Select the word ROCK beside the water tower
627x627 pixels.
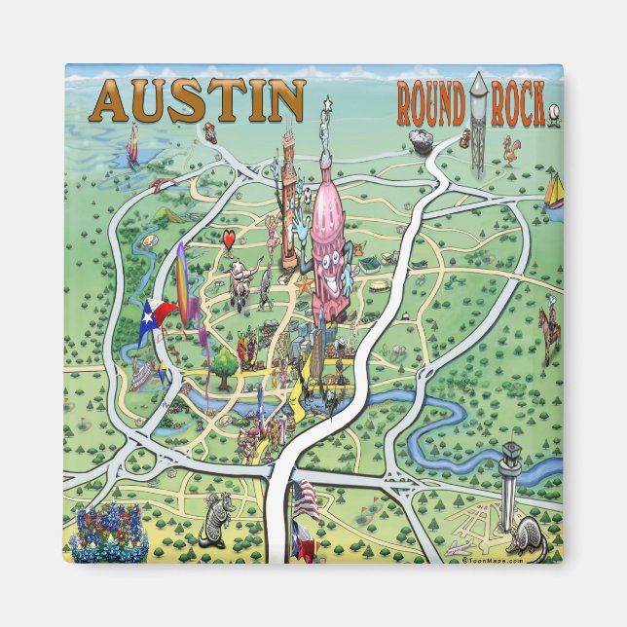point(517,106)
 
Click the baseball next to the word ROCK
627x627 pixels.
point(555,110)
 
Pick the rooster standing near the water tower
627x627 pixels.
point(508,149)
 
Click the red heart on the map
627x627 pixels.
point(227,239)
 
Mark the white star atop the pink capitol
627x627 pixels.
point(328,101)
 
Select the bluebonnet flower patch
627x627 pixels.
point(109,535)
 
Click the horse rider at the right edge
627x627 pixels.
point(551,328)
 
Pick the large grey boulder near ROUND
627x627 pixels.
point(421,142)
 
